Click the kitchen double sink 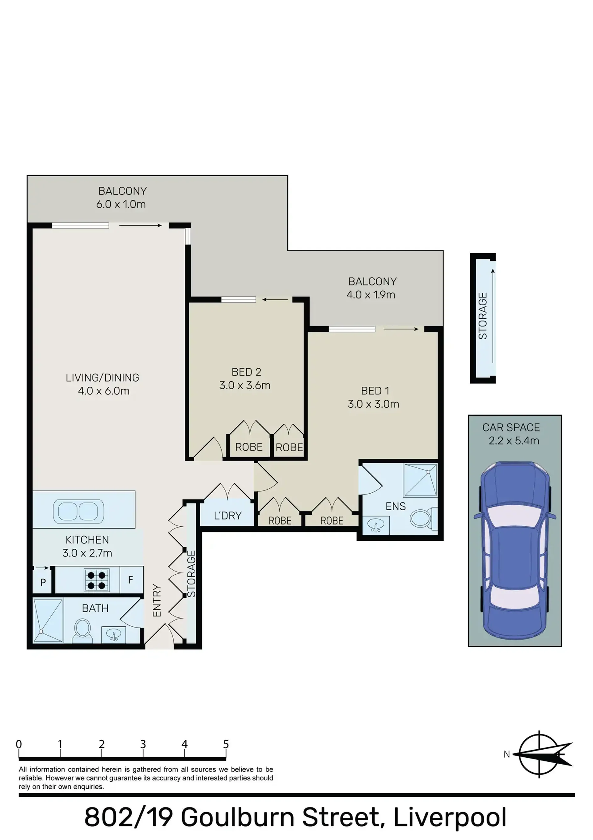pyautogui.click(x=78, y=511)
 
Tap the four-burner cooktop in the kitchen pyautogui.click(x=96, y=580)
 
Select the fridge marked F pyautogui.click(x=131, y=580)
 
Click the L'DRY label pyautogui.click(x=228, y=516)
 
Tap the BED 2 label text pyautogui.click(x=246, y=372)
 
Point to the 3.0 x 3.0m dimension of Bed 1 pyautogui.click(x=373, y=404)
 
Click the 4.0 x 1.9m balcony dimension pyautogui.click(x=371, y=294)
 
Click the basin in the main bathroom pyautogui.click(x=114, y=634)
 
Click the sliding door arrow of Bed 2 pyautogui.click(x=275, y=300)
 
